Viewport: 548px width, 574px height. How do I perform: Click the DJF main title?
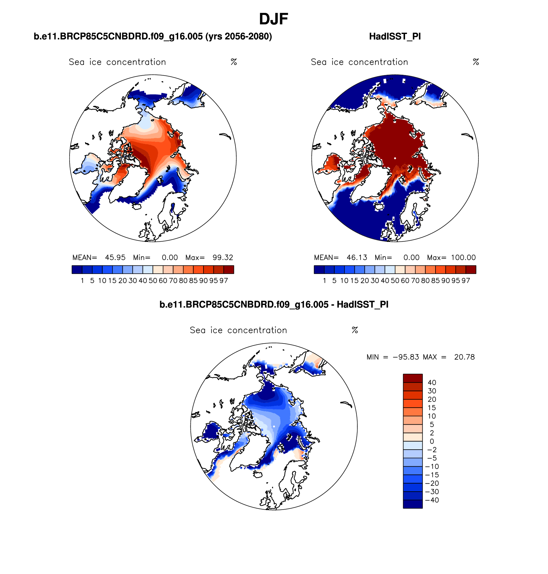click(x=273, y=19)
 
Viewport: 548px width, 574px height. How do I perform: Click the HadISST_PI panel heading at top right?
click(x=395, y=37)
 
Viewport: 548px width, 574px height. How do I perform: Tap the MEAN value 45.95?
click(x=115, y=258)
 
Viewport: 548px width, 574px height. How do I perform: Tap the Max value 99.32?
click(x=223, y=258)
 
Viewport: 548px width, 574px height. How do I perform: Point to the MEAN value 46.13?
click(x=357, y=258)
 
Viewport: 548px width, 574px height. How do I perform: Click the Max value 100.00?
click(x=463, y=258)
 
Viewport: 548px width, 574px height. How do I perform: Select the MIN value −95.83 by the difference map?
click(x=406, y=357)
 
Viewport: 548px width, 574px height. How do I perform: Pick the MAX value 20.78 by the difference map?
click(x=464, y=357)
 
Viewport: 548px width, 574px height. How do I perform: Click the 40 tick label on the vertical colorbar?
click(x=432, y=383)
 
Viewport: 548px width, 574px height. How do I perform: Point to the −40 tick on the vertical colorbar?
click(x=432, y=500)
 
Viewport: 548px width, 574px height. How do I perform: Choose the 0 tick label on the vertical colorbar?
click(x=432, y=442)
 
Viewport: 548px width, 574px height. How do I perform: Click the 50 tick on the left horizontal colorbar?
click(x=153, y=281)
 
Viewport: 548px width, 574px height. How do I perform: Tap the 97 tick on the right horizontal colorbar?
click(x=466, y=281)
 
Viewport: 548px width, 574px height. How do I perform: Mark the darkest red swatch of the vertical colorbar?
click(x=413, y=378)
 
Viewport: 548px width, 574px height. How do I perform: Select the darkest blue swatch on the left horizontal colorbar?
click(x=77, y=270)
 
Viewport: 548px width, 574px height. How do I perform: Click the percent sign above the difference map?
click(x=355, y=330)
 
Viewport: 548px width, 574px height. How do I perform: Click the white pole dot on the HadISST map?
click(x=395, y=158)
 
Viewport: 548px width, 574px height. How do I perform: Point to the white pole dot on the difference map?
click(x=274, y=426)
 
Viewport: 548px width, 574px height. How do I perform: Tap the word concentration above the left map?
click(x=136, y=62)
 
